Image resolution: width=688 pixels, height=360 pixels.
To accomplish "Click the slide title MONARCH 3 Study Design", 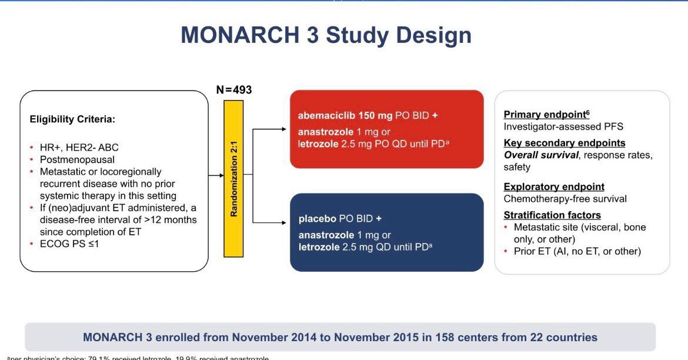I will (326, 35).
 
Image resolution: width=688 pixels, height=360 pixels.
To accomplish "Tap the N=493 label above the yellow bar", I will (234, 90).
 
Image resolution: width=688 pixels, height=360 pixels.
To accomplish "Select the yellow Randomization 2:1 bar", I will (233, 178).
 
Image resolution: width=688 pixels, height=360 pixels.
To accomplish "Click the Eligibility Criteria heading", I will (72, 119).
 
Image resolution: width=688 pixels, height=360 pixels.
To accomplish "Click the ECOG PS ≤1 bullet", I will (69, 243).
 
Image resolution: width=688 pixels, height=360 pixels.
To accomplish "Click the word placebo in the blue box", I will (317, 219).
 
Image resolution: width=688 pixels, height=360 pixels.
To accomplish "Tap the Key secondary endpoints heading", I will (564, 143).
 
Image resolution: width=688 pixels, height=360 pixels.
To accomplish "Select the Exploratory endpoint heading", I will (553, 186).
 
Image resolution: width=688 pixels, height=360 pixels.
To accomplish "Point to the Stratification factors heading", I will (552, 215).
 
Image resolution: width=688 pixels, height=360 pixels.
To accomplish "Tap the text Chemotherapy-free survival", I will (565, 199).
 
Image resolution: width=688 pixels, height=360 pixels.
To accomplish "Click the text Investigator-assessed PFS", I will (563, 126).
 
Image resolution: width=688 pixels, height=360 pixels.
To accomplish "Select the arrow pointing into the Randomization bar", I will (216, 175).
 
